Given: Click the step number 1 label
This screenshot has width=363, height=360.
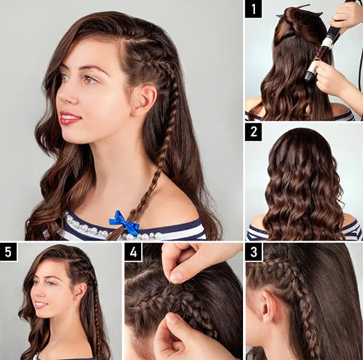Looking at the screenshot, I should (x=254, y=11).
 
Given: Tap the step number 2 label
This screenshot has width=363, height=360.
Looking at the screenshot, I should (x=254, y=131).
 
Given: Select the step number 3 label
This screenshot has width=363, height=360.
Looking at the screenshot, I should (x=254, y=252).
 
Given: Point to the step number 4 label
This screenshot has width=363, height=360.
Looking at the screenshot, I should (x=133, y=252).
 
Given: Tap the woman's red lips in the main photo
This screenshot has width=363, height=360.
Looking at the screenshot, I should (x=69, y=118).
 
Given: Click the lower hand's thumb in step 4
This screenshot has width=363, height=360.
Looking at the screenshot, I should (x=166, y=325).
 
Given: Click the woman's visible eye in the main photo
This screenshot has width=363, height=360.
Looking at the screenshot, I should (x=88, y=79).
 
